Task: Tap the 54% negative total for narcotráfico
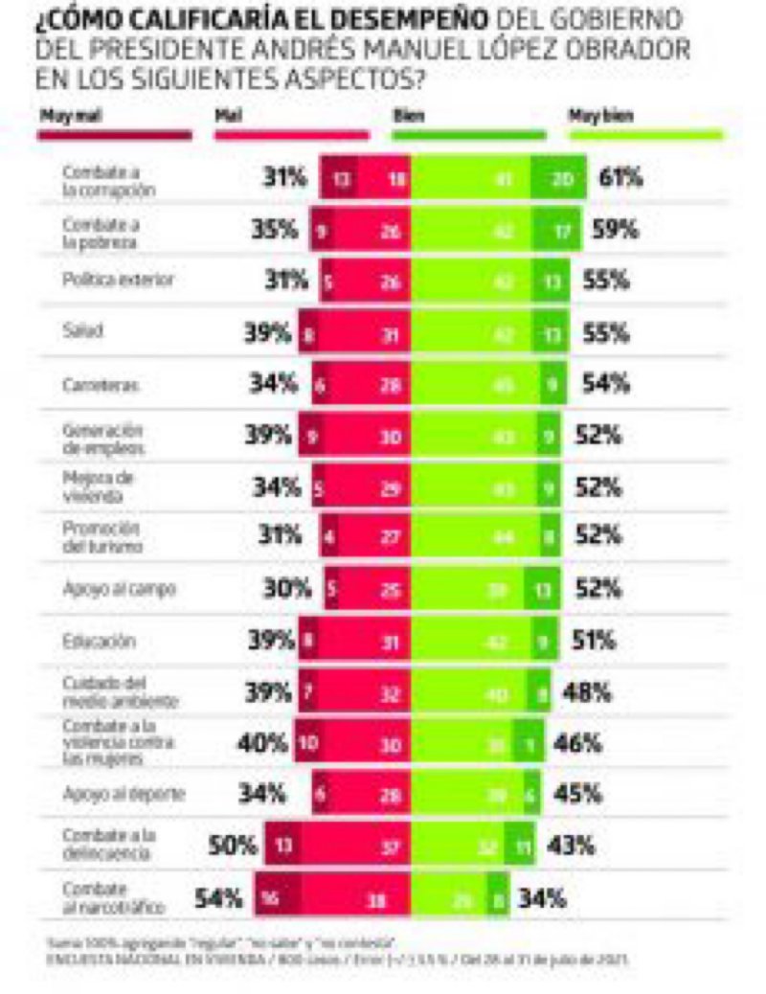coord(219,899)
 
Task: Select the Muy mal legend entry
coord(65,116)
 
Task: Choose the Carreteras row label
coord(94,384)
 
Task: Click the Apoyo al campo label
coord(105,589)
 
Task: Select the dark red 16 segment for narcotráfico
coord(274,899)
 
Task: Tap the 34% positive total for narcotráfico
coord(542,899)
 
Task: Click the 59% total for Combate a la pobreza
coord(617,230)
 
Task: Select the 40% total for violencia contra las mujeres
coord(263,743)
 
